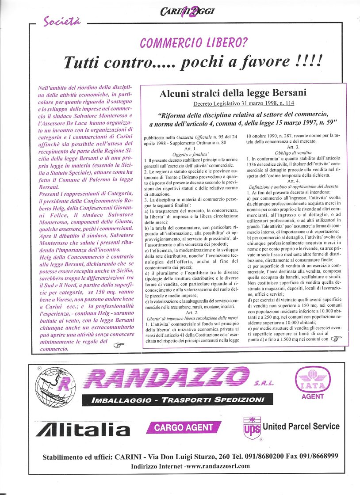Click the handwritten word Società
pos(61,21)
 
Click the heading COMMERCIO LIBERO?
pos(193,43)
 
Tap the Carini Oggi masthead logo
pos(188,11)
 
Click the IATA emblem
pos(313,380)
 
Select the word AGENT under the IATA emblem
pos(313,396)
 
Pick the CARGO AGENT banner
pos(184,427)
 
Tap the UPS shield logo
pos(252,428)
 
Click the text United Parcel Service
pos(301,426)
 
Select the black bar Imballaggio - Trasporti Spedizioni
pos(177,400)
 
